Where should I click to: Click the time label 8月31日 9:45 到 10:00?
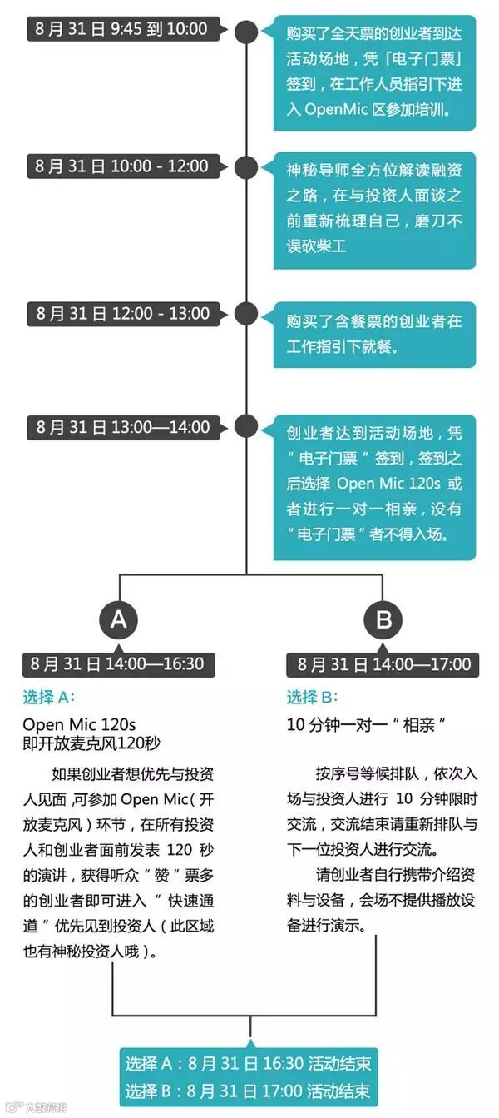pos(121,29)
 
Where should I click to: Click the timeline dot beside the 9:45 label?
pos(246,32)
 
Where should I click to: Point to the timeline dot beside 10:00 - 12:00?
pos(246,167)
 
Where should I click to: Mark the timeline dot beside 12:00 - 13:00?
pos(246,314)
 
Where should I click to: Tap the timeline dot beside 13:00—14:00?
pos(246,426)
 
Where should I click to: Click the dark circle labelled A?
pos(118,619)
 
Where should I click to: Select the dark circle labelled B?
pos(383,619)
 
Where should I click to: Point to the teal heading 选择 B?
pos(312,698)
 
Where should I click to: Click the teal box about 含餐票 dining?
pos(374,332)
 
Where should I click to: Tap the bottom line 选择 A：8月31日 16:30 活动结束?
pos(248,1063)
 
